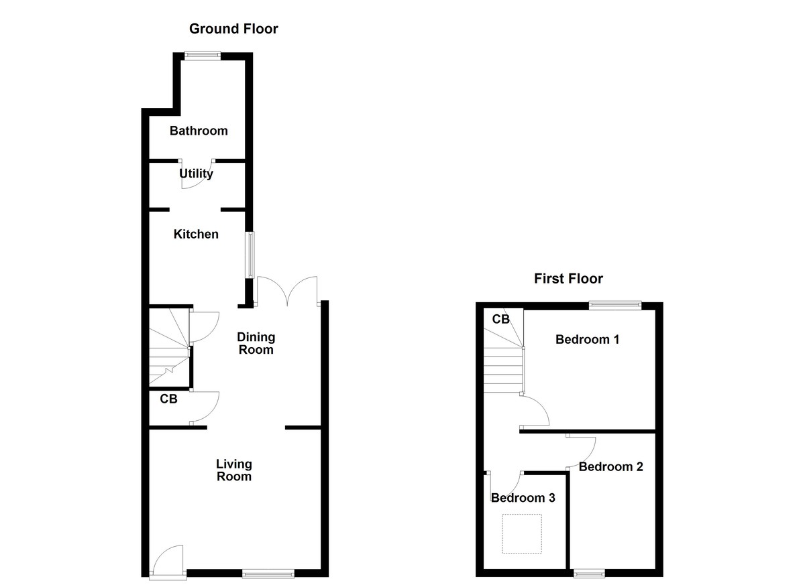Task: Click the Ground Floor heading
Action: coord(233,29)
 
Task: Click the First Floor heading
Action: coord(568,279)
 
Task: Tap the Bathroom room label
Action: coord(199,131)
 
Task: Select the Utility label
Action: coord(197,174)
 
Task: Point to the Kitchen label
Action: coord(196,235)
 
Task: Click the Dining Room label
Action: coord(256,343)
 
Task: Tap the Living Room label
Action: coord(234,470)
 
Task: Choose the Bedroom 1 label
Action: coord(587,340)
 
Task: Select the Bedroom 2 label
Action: coord(610,467)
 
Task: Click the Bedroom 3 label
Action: coord(523,498)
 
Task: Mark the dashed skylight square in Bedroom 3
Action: coord(522,533)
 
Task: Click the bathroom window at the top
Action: coord(203,57)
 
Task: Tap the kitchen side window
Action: coord(250,255)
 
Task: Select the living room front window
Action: coord(268,573)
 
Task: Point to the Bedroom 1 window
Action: coord(615,305)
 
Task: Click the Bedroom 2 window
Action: coord(589,573)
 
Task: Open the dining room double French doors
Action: coord(287,291)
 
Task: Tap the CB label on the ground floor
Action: coord(168,399)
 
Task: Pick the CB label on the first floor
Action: coord(501,319)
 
